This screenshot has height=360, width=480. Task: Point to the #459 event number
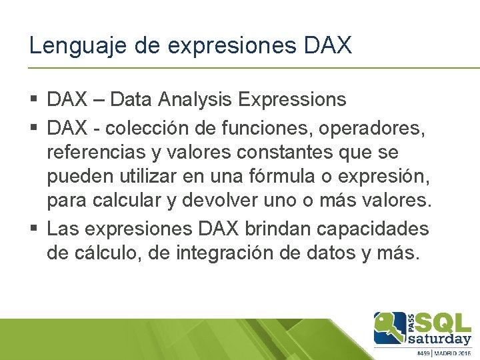click(x=425, y=353)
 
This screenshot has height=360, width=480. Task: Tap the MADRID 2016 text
click(x=455, y=353)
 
